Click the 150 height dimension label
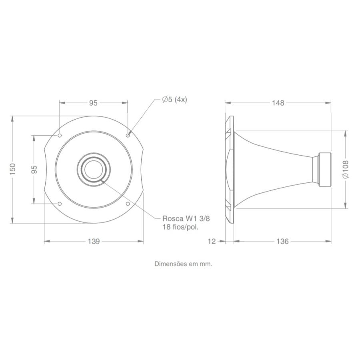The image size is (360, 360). click(x=13, y=169)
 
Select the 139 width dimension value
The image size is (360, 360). click(x=94, y=241)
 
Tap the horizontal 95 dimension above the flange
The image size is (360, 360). click(x=93, y=103)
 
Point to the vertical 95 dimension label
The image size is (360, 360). click(x=34, y=170)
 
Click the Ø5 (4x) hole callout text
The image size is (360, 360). click(x=174, y=100)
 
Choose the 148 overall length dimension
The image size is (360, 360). click(x=278, y=103)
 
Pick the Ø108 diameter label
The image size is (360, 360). click(x=345, y=170)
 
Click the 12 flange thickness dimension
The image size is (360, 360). click(x=212, y=241)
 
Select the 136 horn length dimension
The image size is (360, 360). click(x=282, y=241)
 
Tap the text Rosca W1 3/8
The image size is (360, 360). click(x=186, y=218)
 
